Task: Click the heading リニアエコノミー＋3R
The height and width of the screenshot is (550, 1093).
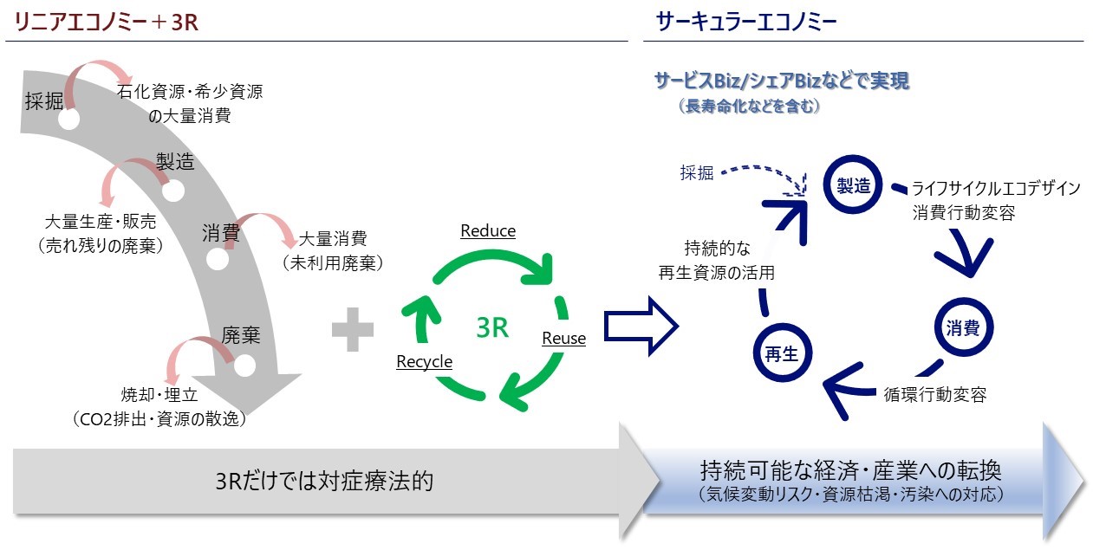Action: tap(102, 23)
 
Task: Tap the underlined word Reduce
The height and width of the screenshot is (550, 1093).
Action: tap(488, 231)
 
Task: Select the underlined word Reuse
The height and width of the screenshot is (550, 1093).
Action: tap(563, 338)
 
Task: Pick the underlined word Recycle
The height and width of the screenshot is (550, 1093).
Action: tap(424, 361)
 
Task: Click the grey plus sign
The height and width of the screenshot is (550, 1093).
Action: tap(353, 332)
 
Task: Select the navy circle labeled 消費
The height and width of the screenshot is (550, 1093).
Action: tap(963, 328)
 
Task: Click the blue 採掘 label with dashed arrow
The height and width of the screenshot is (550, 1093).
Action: tap(697, 172)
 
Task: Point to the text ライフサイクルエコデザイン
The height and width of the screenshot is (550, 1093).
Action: tap(995, 189)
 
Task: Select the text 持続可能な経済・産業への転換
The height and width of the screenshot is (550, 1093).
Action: tap(851, 472)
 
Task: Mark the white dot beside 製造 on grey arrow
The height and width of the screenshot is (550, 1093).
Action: tap(173, 190)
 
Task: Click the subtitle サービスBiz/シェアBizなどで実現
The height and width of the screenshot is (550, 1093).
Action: tap(781, 82)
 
